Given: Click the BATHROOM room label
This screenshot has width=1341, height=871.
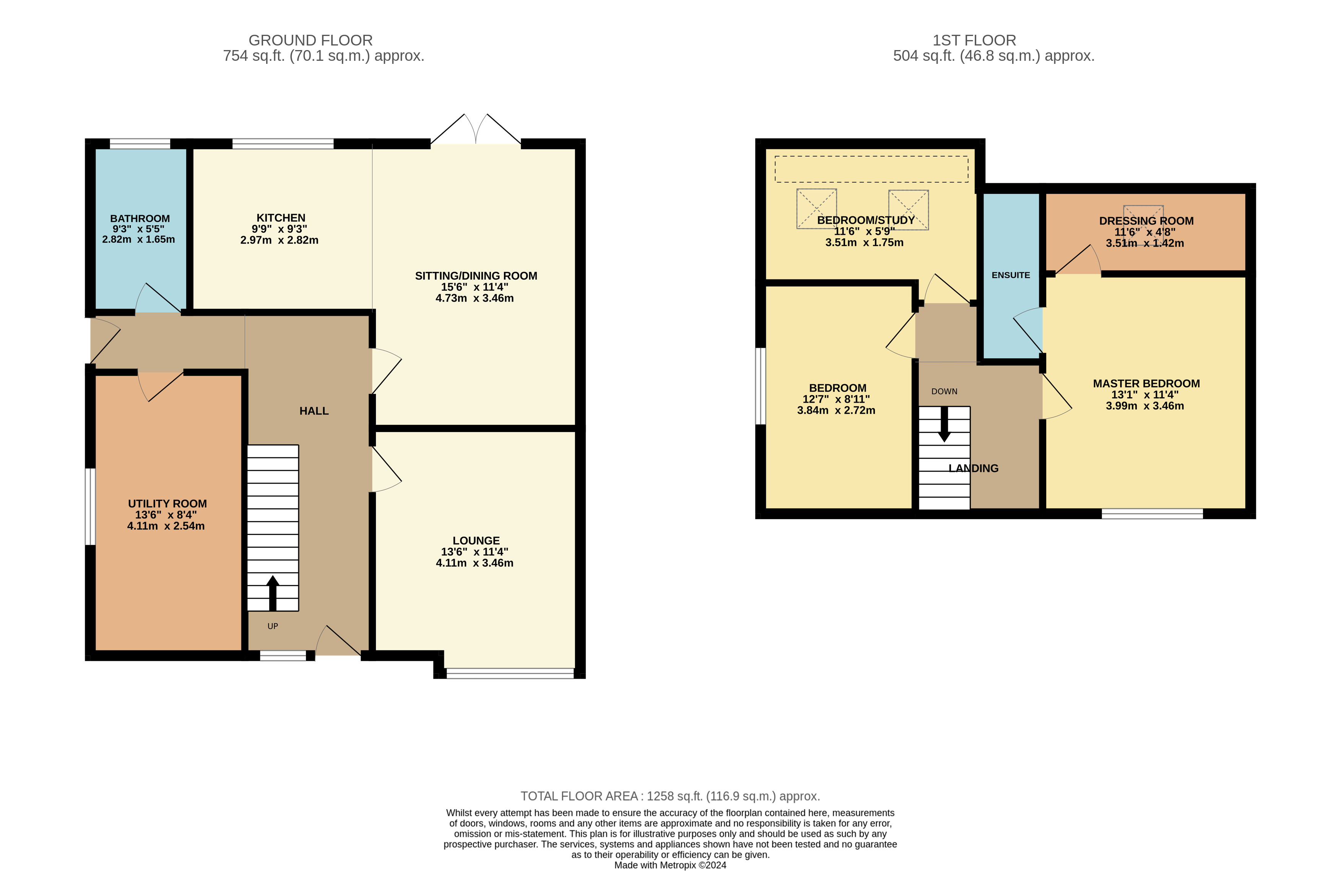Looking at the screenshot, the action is tap(140, 219).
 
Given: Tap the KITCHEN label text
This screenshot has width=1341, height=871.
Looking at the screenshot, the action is tap(281, 218).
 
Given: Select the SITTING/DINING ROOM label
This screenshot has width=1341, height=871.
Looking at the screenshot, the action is tap(476, 276).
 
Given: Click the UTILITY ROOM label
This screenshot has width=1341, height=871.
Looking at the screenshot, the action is tap(167, 504).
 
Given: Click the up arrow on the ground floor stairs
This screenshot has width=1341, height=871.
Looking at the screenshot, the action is tap(273, 593).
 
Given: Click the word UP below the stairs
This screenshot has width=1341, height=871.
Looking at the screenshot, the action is tap(273, 626).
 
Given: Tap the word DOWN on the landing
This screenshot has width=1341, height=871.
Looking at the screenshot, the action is tap(944, 392).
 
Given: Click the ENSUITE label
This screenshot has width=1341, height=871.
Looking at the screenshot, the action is tap(1011, 275).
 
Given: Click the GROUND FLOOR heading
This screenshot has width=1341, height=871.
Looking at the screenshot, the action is tap(310, 41).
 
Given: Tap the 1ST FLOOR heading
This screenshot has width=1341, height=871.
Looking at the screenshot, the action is tap(974, 41).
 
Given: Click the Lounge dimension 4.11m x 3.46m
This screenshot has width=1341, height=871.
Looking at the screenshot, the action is tap(475, 563).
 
